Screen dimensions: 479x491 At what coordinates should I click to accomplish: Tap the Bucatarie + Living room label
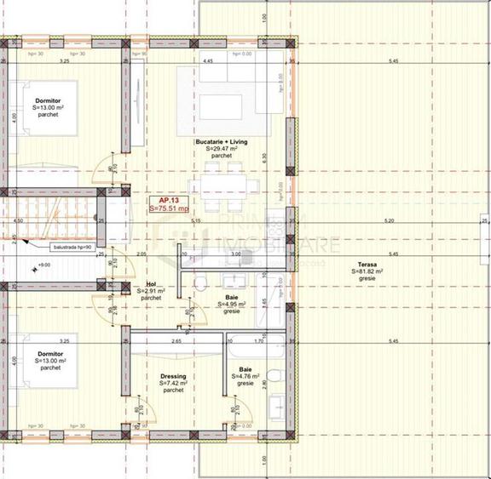coord(222,142)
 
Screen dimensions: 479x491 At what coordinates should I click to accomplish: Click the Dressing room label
coord(172,376)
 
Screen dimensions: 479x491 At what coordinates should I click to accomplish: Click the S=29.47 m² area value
coord(222,149)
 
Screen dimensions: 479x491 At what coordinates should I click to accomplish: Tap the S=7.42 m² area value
coord(173,383)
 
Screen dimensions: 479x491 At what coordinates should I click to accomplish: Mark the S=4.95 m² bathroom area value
coord(232,304)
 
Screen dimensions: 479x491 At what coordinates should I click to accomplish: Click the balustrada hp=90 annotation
coord(72,247)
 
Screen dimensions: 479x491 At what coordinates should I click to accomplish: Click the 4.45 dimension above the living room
coord(208,62)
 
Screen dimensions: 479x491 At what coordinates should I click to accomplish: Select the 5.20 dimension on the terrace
coord(390,221)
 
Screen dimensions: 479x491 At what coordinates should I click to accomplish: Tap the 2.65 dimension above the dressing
coord(176,341)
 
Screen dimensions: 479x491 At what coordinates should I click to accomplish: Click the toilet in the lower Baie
coord(271,375)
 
